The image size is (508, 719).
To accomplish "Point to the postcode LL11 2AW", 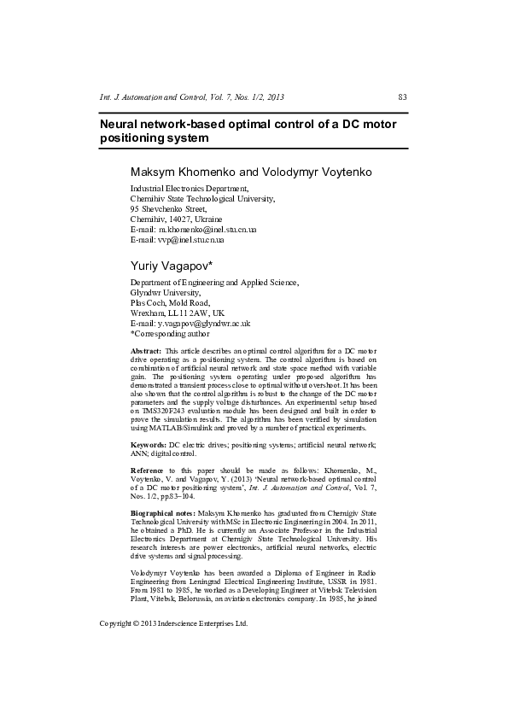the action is pos(192,313).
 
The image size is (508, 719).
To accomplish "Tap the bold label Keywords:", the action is pos(148,446).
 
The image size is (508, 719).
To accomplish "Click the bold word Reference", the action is pos(148,471).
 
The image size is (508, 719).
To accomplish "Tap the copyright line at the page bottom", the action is pos(173,623).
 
